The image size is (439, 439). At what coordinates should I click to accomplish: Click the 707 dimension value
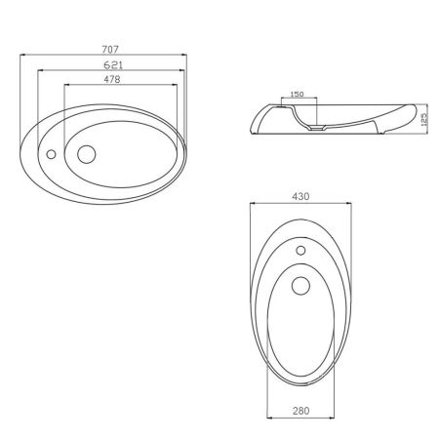[110, 50]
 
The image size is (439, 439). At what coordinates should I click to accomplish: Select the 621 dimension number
[113, 65]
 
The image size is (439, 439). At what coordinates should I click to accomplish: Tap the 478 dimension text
[112, 79]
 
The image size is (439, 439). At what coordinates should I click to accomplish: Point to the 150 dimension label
[297, 94]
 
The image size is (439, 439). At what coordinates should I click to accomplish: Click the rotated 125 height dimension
[423, 120]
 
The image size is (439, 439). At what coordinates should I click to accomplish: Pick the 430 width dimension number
[300, 197]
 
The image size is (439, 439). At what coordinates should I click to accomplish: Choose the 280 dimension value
[300, 411]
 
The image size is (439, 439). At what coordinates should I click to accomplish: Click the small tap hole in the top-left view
[51, 154]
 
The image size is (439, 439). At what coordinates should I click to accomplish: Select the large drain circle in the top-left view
[87, 154]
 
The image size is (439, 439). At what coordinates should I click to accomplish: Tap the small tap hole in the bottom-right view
[300, 251]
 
